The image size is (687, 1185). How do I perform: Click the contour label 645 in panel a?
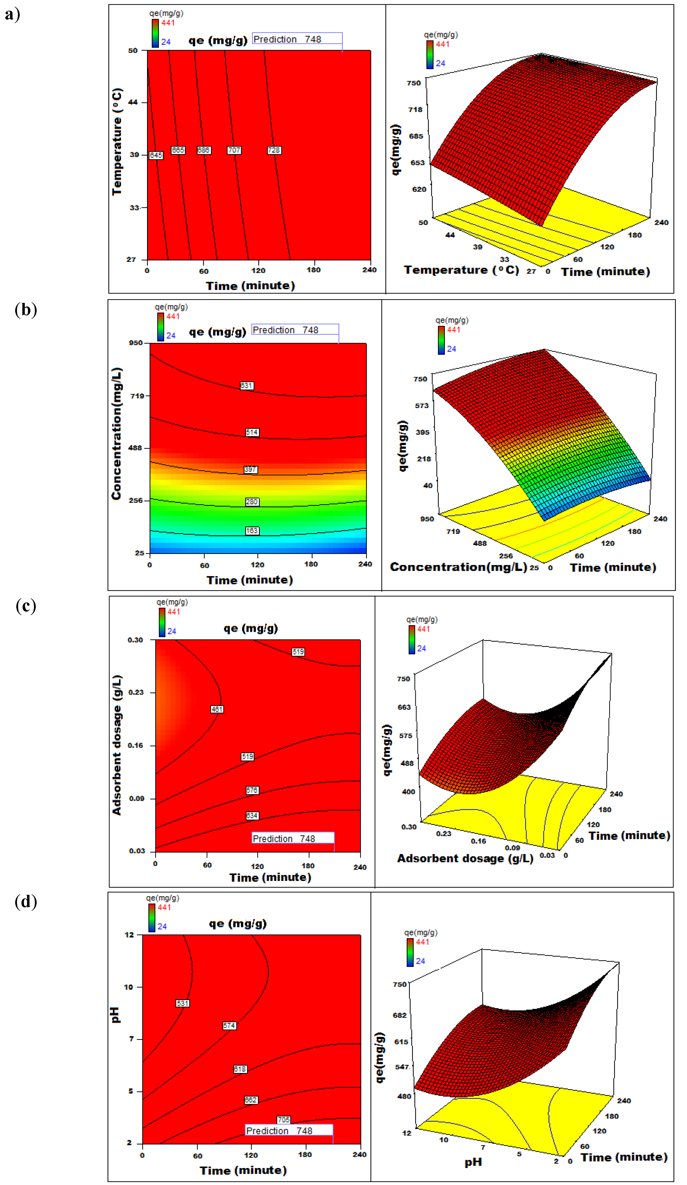pyautogui.click(x=156, y=155)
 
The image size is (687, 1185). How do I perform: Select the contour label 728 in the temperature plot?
pyautogui.click(x=274, y=150)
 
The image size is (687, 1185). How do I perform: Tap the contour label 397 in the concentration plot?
pyautogui.click(x=250, y=469)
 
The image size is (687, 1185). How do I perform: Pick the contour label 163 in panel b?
pyautogui.click(x=252, y=530)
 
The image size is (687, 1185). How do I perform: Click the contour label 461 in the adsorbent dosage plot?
pyautogui.click(x=217, y=709)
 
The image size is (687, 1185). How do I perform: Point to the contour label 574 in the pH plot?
pyautogui.click(x=229, y=1026)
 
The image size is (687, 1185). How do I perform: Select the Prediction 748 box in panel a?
pyautogui.click(x=297, y=39)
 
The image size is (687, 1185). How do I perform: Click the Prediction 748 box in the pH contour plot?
pyautogui.click(x=289, y=1131)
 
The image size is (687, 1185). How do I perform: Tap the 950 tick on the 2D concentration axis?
pyautogui.click(x=136, y=343)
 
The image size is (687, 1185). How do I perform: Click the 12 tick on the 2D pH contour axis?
pyautogui.click(x=129, y=935)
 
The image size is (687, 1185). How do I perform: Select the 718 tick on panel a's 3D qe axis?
pyautogui.click(x=415, y=110)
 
